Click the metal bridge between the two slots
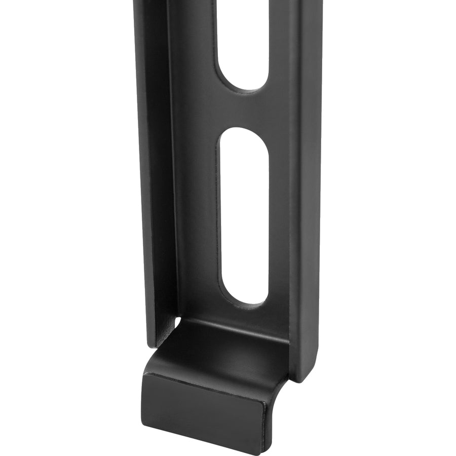243,109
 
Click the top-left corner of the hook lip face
144,374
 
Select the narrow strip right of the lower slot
279,218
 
